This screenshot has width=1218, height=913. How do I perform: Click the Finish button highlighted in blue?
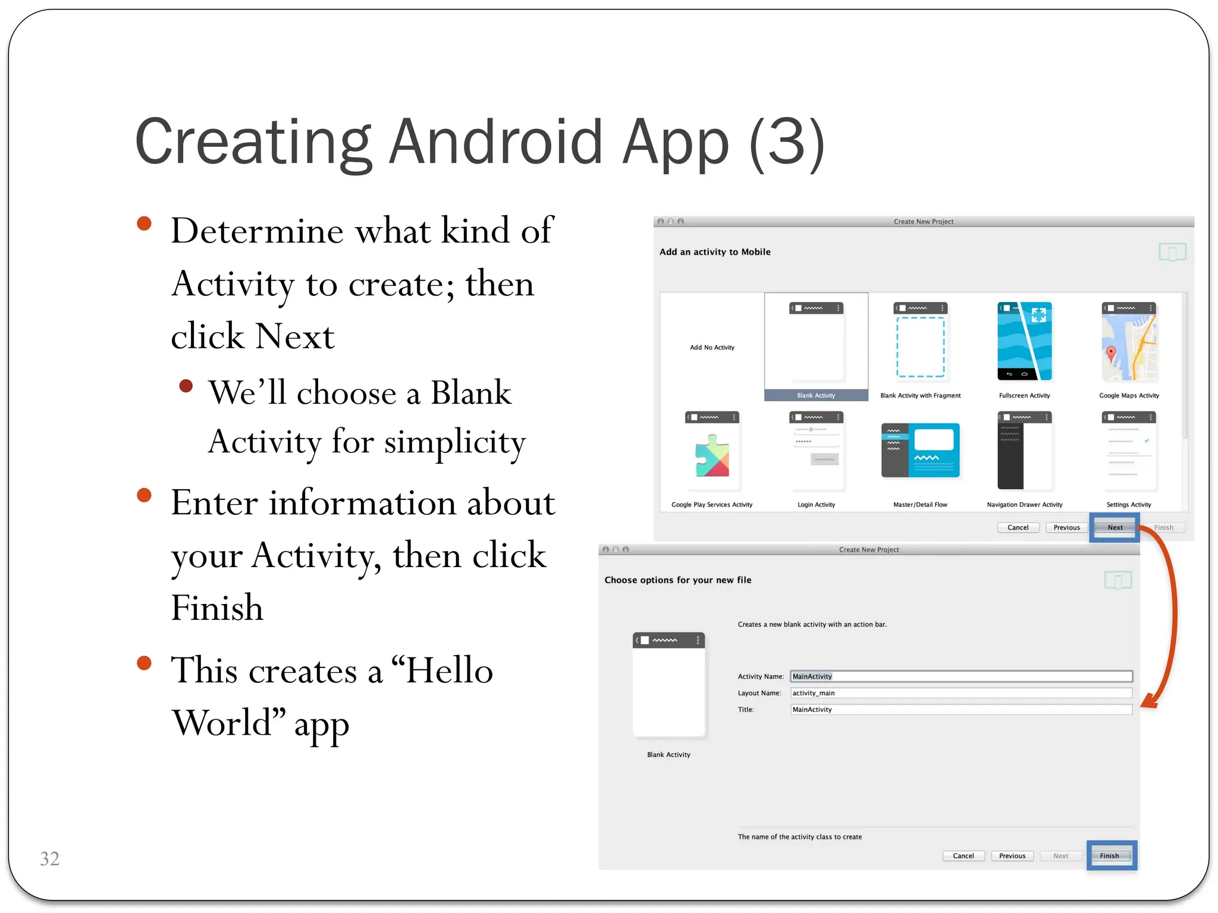[x=1110, y=855]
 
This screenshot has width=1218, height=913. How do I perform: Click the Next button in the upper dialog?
[x=1115, y=527]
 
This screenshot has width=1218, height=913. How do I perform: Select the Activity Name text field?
[x=960, y=676]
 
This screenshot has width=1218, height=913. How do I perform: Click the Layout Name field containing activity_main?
[x=960, y=693]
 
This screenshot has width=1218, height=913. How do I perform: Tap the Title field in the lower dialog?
[x=960, y=710]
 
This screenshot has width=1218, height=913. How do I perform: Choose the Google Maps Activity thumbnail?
[x=1129, y=342]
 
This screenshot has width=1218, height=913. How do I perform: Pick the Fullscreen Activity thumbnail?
[x=1024, y=342]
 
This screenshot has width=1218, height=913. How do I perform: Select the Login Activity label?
[x=816, y=505]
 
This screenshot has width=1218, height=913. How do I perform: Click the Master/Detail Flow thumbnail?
[x=920, y=451]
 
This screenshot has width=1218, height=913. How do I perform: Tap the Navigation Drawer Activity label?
[x=1024, y=505]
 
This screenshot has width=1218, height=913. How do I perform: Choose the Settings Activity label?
[x=1128, y=505]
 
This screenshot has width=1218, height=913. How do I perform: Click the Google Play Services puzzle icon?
[x=712, y=456]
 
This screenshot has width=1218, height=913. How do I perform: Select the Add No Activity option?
[x=712, y=348]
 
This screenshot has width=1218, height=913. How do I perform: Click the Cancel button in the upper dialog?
[x=1018, y=527]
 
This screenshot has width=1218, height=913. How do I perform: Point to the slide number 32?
[x=49, y=858]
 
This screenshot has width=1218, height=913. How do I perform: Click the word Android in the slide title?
[x=496, y=143]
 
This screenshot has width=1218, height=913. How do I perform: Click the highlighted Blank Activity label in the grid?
[x=816, y=395]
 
